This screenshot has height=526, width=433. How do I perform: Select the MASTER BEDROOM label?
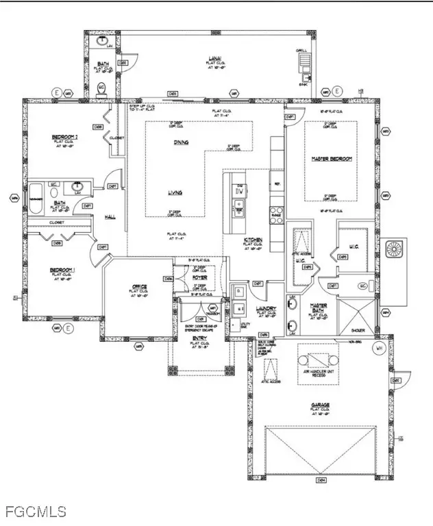[x=332, y=159]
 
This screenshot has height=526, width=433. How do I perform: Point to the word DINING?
[x=181, y=142]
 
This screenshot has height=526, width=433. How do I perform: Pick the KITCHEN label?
[x=253, y=240]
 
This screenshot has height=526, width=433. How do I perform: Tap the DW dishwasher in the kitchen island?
[x=239, y=191]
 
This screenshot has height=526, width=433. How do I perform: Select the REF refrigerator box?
[x=277, y=184]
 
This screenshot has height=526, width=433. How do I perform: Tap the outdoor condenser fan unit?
[x=396, y=249]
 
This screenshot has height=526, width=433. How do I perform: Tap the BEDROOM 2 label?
[x=65, y=137]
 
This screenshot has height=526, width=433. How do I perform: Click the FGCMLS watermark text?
[x=35, y=511]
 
